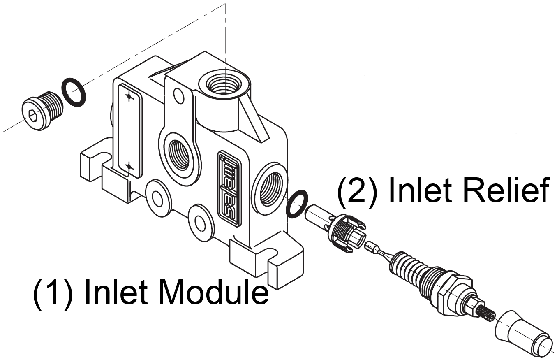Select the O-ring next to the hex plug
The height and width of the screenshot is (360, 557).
click(74, 92)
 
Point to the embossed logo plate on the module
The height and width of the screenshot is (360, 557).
click(230, 188)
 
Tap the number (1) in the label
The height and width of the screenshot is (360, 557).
click(53, 293)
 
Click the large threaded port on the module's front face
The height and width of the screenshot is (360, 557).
click(179, 155)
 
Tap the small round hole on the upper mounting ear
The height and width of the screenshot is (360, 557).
click(178, 95)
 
